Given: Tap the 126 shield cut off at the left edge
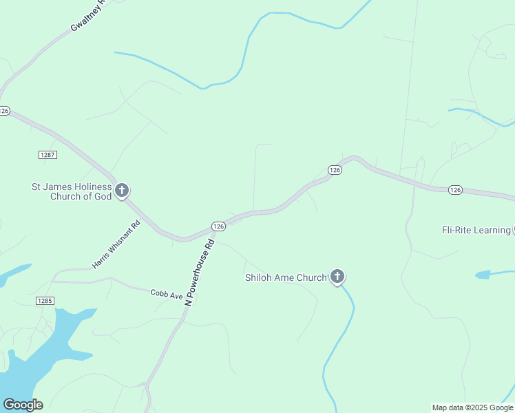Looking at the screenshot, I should (4, 110).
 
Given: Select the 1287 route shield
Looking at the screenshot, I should (48, 155).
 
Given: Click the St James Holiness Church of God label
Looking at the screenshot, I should (72, 191).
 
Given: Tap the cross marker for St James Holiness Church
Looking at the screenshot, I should (122, 190).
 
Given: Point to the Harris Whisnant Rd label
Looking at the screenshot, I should (116, 244).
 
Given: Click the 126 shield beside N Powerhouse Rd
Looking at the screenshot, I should (218, 226).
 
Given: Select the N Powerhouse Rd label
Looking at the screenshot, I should (200, 269).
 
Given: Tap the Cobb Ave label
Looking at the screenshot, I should (167, 294).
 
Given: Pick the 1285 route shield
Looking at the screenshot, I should (45, 301).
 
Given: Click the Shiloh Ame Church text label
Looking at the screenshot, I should (286, 278).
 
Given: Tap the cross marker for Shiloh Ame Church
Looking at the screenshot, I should (337, 277).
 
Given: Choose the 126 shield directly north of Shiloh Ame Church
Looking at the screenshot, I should (335, 170).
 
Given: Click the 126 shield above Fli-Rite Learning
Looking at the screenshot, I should (454, 189).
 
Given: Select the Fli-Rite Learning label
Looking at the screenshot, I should (476, 230).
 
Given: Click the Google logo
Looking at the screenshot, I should (23, 405).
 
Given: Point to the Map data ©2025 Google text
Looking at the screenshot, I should (473, 407).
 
